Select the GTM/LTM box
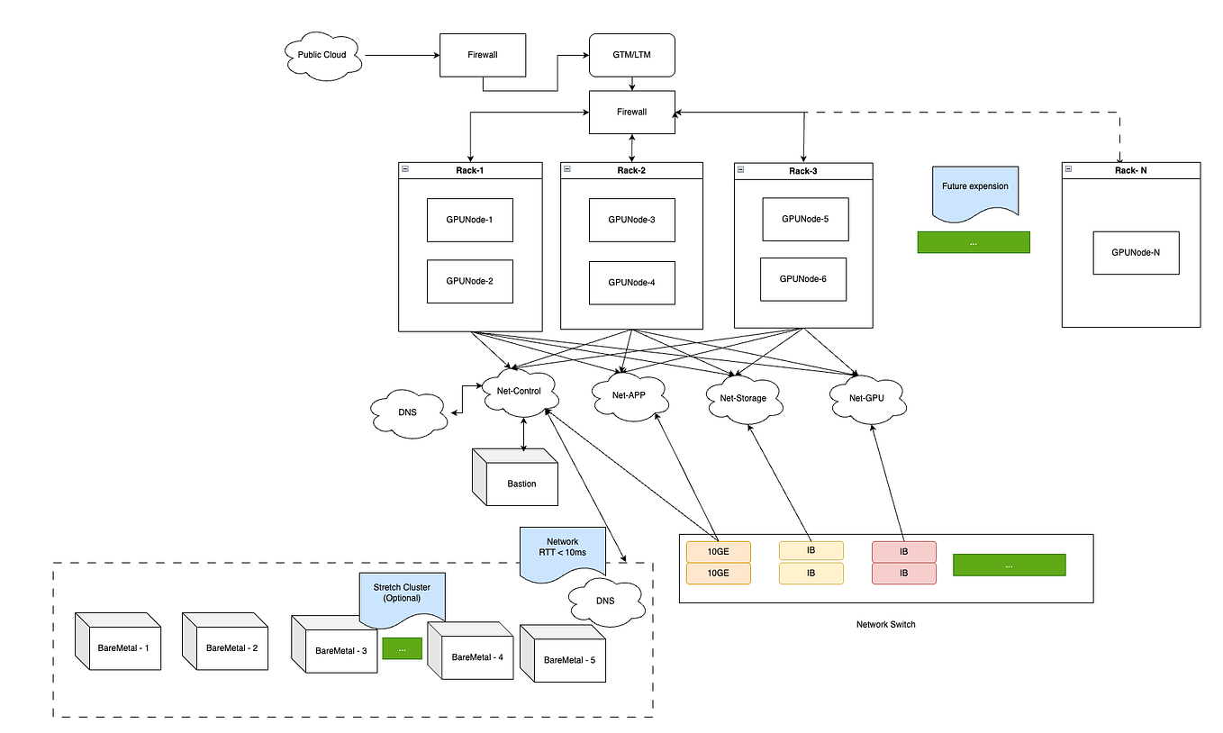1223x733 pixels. point(631,55)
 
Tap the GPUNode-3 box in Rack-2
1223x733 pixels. point(631,220)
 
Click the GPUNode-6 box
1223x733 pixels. point(802,279)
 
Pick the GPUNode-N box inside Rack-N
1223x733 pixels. point(1136,252)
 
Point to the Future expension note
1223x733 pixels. point(975,188)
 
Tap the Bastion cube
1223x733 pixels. point(518,480)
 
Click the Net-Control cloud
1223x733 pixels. point(524,393)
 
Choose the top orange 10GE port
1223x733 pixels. point(718,550)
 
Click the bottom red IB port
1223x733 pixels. point(903,573)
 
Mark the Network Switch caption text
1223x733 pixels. point(885,624)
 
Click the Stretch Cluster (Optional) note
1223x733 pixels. point(402,595)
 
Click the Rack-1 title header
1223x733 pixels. point(470,169)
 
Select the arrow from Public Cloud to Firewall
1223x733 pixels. point(401,55)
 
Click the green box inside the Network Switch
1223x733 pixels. point(1009,566)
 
